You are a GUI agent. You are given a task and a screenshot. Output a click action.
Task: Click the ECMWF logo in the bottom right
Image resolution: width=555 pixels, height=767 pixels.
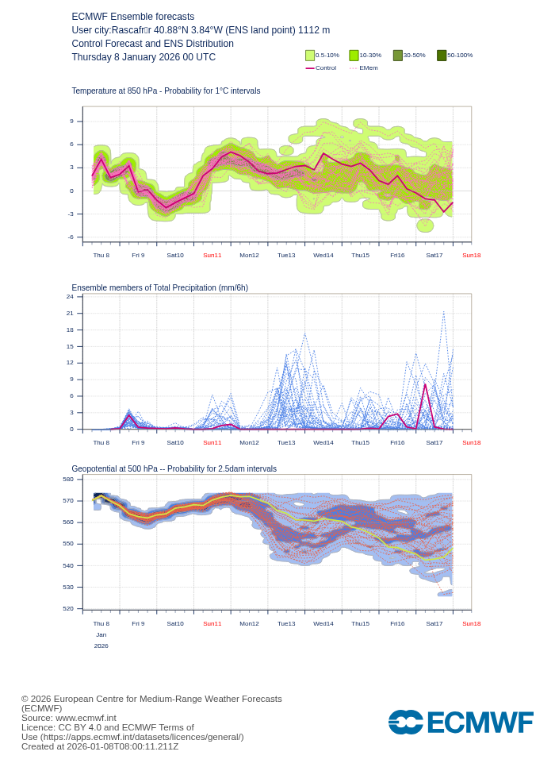click(x=461, y=723)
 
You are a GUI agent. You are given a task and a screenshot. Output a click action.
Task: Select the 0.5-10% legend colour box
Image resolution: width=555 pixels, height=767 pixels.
click(x=310, y=56)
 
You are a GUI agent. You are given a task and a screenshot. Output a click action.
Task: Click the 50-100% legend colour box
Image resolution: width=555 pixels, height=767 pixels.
click(x=442, y=56)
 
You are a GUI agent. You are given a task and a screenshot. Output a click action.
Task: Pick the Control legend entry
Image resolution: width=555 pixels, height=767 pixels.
click(x=321, y=68)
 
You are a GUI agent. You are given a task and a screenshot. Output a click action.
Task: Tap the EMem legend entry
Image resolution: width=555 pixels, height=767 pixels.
click(x=364, y=68)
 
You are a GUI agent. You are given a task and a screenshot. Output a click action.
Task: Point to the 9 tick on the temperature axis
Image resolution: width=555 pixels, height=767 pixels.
click(x=71, y=121)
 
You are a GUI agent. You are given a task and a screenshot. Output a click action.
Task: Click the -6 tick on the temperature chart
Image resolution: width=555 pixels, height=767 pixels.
click(x=71, y=237)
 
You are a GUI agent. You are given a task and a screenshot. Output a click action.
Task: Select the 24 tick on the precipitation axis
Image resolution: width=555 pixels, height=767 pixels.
click(x=70, y=297)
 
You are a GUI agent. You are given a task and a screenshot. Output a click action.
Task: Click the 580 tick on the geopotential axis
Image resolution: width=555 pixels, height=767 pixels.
click(x=68, y=479)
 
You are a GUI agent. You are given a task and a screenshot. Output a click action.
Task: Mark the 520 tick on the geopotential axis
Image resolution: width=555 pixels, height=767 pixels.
click(x=68, y=608)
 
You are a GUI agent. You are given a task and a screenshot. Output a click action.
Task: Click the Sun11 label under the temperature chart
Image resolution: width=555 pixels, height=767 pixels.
click(x=212, y=255)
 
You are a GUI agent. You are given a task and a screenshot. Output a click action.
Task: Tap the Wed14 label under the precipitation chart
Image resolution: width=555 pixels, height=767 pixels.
click(x=323, y=442)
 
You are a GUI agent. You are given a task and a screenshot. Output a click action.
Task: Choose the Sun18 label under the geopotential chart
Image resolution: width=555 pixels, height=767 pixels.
click(x=471, y=623)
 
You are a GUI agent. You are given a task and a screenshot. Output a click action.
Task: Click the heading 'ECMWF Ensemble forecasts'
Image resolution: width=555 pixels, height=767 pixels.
click(x=132, y=17)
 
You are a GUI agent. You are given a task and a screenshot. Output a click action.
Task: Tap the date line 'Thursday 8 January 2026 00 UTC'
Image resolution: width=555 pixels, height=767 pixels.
click(x=144, y=57)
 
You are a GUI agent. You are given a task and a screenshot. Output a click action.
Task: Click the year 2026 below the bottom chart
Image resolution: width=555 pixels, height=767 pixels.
click(x=101, y=646)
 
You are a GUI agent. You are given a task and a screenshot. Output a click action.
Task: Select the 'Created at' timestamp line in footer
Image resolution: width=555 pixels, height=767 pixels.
click(x=100, y=746)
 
